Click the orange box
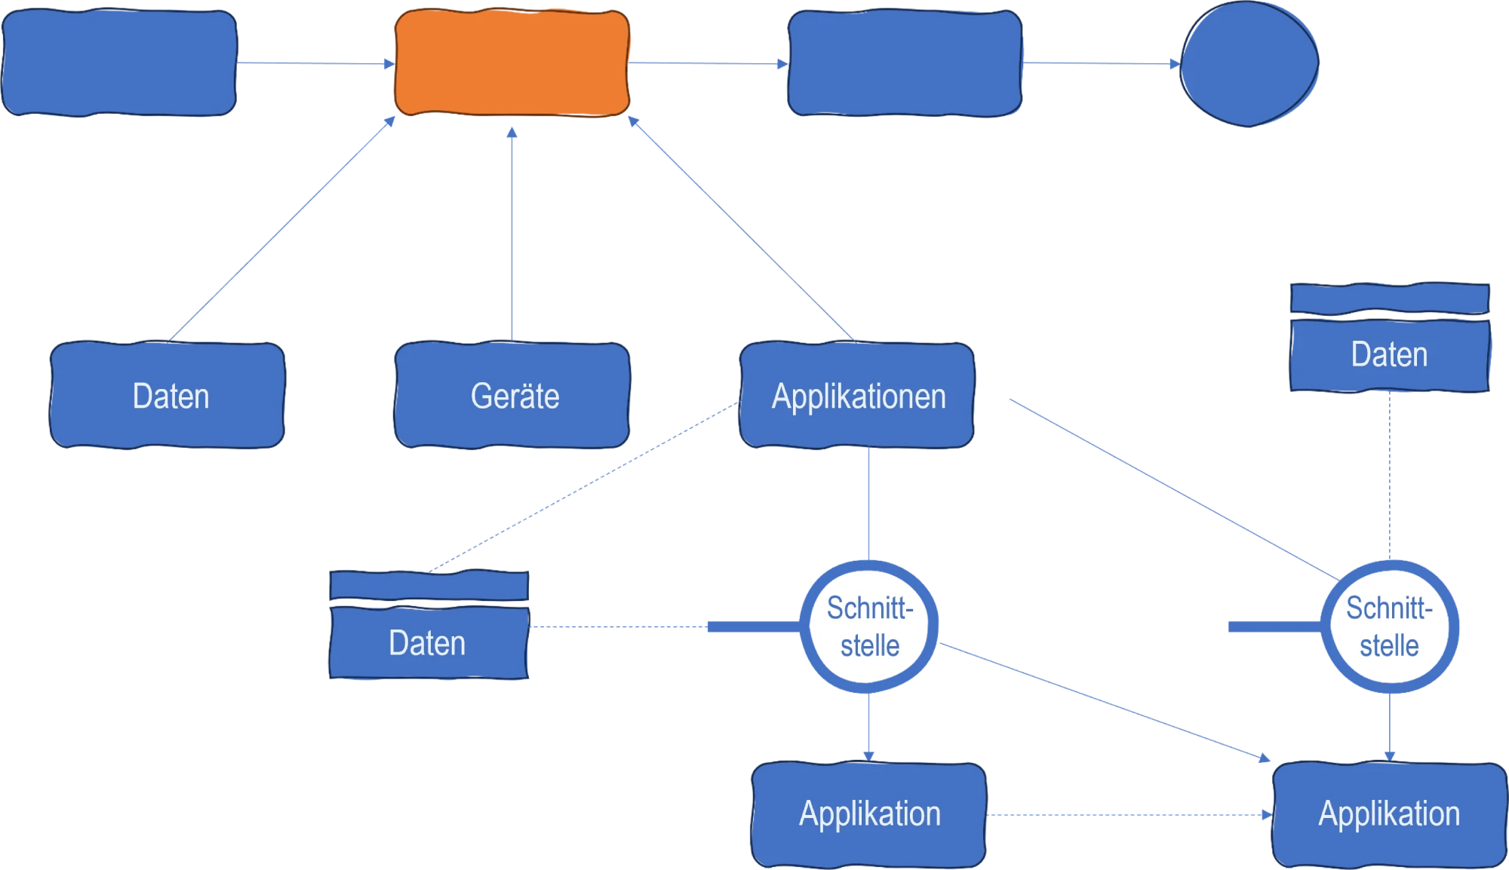[512, 63]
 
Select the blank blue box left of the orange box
[119, 63]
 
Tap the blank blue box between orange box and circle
[904, 63]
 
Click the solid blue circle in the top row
[1249, 63]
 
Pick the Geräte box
[512, 396]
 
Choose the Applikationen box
[857, 396]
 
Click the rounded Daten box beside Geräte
[167, 396]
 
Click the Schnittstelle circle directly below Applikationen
[868, 626]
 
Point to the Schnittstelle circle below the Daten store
[1390, 626]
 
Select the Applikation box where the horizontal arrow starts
[869, 814]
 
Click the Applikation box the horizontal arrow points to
[1389, 814]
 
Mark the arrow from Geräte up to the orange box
[512, 234]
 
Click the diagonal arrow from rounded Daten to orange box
[283, 228]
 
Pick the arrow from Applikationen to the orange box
[743, 230]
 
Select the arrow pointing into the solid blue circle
[1102, 63]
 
